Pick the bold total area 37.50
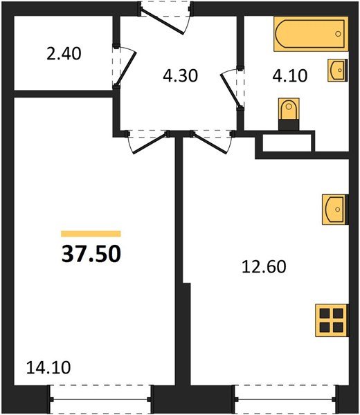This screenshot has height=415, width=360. click(x=91, y=254)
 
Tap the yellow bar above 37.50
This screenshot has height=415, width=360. click(x=91, y=234)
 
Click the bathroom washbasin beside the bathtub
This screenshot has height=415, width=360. click(x=339, y=71)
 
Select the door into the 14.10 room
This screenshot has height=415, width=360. click(x=147, y=140)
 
